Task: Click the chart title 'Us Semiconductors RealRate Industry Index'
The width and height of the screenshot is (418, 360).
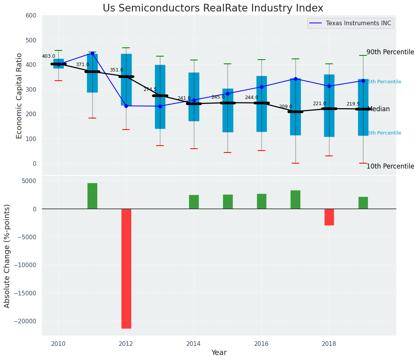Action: pyautogui.click(x=213, y=8)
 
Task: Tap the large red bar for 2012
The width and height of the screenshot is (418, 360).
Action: pyautogui.click(x=126, y=268)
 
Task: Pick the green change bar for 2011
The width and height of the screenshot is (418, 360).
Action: pyautogui.click(x=92, y=196)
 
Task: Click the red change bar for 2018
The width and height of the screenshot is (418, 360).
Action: pyautogui.click(x=329, y=217)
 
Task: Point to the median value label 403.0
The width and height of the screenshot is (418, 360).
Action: pyautogui.click(x=48, y=56)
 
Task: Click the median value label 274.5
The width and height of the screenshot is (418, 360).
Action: pyautogui.click(x=150, y=89)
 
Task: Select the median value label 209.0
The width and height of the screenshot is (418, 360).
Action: pyautogui.click(x=286, y=107)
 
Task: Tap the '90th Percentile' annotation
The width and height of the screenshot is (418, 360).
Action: pyautogui.click(x=390, y=52)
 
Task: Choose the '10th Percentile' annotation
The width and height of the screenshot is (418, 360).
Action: pyautogui.click(x=390, y=166)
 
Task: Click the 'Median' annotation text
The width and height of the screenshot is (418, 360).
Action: pyautogui.click(x=378, y=109)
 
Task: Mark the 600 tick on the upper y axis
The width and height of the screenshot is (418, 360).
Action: pyautogui.click(x=31, y=16)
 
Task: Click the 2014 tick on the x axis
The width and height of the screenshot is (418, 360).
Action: pyautogui.click(x=194, y=344)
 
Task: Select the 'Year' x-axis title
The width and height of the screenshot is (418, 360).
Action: pyautogui.click(x=219, y=353)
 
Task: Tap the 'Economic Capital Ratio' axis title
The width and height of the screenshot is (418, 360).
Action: pyautogui.click(x=19, y=96)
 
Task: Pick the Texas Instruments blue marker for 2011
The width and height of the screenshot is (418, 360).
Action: pyautogui.click(x=92, y=54)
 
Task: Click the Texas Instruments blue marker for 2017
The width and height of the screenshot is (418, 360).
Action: pyautogui.click(x=295, y=79)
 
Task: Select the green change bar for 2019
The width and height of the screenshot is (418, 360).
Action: pyautogui.click(x=363, y=203)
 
